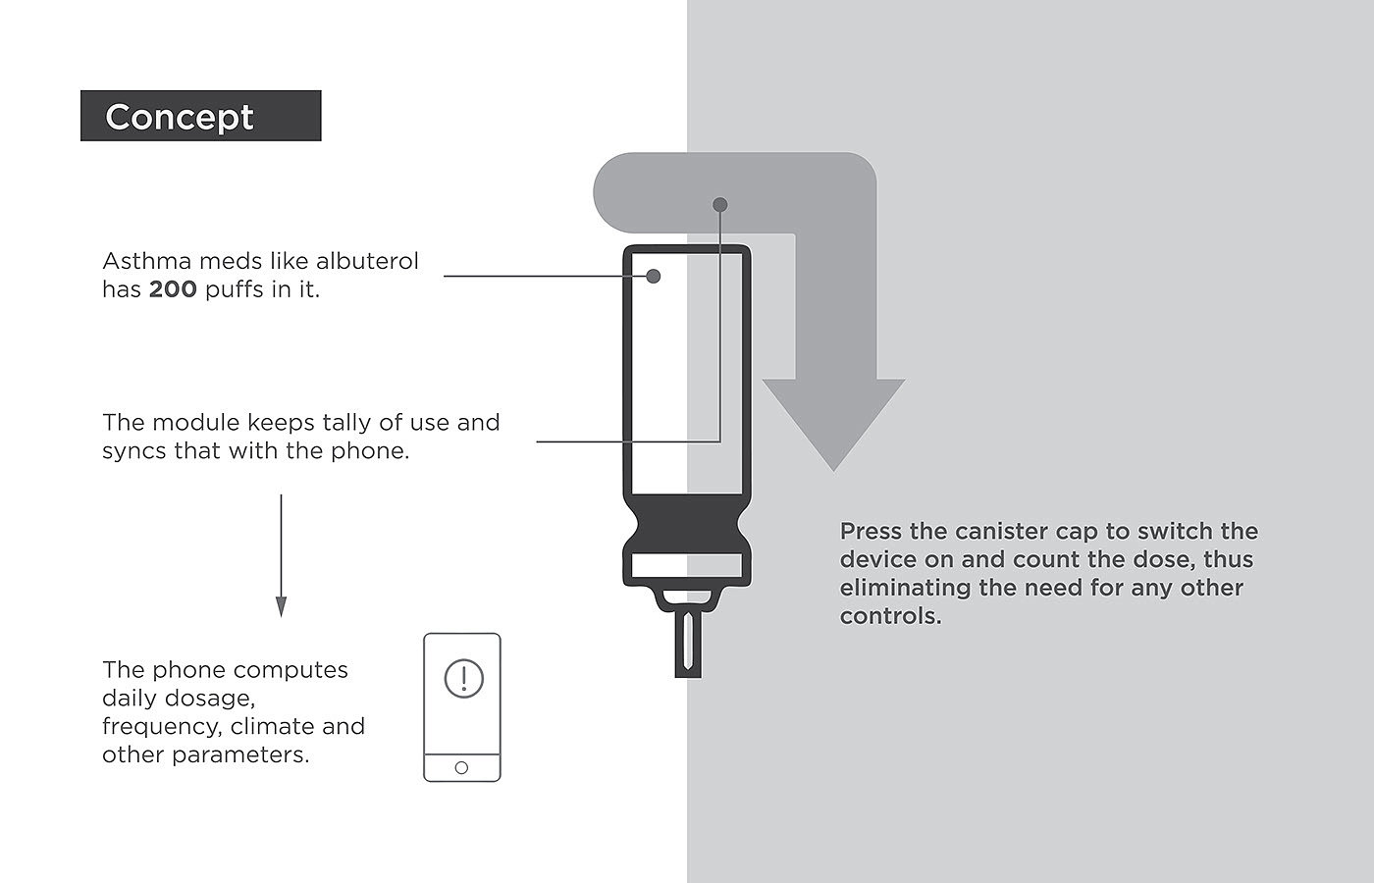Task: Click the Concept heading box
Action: pyautogui.click(x=200, y=116)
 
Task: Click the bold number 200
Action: pyautogui.click(x=173, y=289)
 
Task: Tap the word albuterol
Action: pyautogui.click(x=367, y=261)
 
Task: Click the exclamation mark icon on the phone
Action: pyautogui.click(x=463, y=678)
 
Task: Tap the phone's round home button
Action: pyautogui.click(x=461, y=767)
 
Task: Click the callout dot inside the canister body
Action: pyautogui.click(x=654, y=276)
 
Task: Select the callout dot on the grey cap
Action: pyautogui.click(x=720, y=205)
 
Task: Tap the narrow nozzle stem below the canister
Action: pyautogui.click(x=687, y=643)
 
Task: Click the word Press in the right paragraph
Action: pyautogui.click(x=871, y=532)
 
